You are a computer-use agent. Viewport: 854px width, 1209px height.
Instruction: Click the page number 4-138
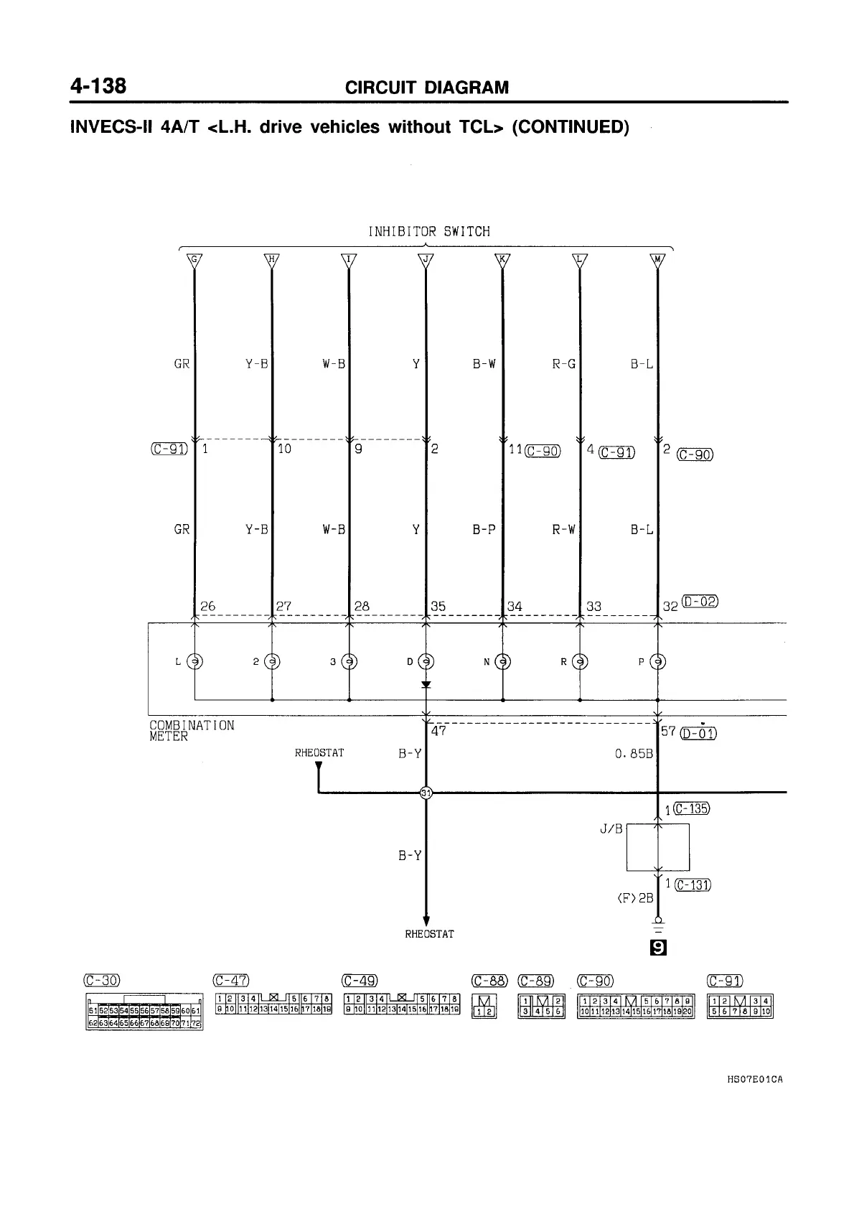(x=98, y=86)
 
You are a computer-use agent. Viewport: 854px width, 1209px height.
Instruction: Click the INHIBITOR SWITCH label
(x=428, y=232)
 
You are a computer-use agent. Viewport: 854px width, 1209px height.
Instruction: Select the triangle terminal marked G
(x=194, y=260)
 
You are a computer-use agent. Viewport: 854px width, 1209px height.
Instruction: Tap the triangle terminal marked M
(x=657, y=260)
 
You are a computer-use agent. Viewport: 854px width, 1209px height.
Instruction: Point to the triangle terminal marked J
(x=426, y=260)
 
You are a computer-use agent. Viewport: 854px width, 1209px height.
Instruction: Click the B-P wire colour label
(x=484, y=530)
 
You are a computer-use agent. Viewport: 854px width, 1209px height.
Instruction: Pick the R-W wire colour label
(x=563, y=530)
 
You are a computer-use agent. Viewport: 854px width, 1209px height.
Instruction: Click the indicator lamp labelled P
(x=657, y=662)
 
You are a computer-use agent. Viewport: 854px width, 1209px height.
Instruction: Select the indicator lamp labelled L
(x=194, y=662)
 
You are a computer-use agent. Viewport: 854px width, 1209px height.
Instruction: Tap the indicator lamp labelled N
(x=503, y=662)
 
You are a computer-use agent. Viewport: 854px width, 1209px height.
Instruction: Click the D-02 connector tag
(x=700, y=602)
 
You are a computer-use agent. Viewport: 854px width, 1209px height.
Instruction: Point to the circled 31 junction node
(x=426, y=793)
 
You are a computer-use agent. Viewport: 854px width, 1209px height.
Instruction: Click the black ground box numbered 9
(x=657, y=949)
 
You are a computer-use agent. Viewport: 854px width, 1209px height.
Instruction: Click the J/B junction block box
(x=658, y=847)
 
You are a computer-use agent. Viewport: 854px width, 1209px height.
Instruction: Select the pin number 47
(x=438, y=731)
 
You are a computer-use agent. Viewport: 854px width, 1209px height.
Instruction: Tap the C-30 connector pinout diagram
(x=145, y=1012)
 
